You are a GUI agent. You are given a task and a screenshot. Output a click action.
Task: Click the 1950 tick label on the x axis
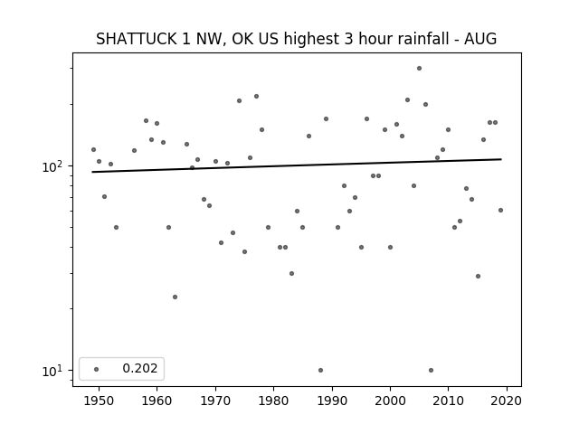[x=99, y=401]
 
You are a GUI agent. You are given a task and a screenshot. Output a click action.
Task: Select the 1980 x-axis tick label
[x=273, y=401]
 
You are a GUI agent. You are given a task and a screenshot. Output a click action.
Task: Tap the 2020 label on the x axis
[x=507, y=401]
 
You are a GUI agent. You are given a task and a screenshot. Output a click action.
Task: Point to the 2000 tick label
[x=390, y=401]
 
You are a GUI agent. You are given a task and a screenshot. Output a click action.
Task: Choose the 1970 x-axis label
[x=215, y=401]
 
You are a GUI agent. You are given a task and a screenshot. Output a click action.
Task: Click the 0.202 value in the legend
[x=140, y=368]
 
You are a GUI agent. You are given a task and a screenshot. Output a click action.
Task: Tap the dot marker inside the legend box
[x=97, y=369]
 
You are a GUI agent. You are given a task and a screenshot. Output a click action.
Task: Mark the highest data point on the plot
[x=419, y=69]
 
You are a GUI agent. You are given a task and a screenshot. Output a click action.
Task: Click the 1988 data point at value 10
[x=320, y=370]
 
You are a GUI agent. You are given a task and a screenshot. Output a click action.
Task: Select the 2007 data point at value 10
[x=431, y=370]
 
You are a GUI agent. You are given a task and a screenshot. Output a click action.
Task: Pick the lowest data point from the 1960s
[x=175, y=297]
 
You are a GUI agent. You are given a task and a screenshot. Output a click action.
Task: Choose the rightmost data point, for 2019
[x=500, y=211]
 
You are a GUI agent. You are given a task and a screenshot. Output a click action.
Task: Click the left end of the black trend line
[x=92, y=172]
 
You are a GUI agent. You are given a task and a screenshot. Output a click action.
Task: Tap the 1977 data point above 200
[x=256, y=97]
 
